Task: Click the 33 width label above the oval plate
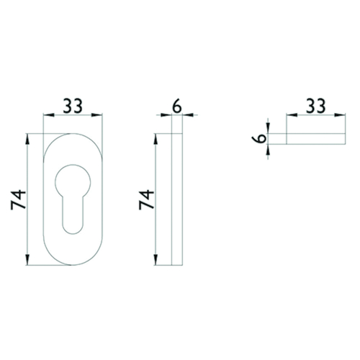[x=73, y=106]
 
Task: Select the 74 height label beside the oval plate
[x=18, y=199]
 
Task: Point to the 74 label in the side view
[x=146, y=199]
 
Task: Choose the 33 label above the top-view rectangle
[x=316, y=106]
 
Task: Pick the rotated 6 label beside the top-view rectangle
[x=259, y=138]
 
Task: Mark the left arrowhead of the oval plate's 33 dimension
[x=49, y=115]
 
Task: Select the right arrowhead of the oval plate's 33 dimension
[x=97, y=115]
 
